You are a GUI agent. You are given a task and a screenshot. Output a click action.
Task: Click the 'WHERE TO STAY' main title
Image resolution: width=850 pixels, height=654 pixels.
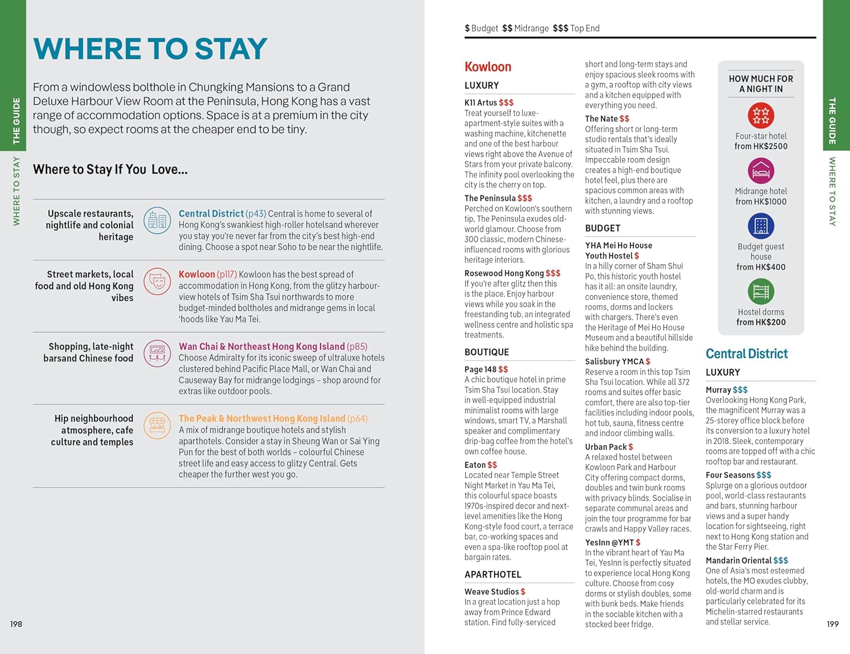(150, 49)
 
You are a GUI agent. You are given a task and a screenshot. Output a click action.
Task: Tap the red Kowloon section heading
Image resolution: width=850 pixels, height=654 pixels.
(487, 67)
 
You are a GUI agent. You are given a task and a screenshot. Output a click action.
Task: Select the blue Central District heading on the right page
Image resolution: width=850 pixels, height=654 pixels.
(746, 354)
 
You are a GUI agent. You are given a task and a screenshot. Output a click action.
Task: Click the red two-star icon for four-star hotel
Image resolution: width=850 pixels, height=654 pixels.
(760, 116)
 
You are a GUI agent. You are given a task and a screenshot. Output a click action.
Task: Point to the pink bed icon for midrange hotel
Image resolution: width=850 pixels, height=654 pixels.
(760, 171)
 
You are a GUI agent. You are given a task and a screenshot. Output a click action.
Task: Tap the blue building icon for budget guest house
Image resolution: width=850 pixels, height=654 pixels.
(760, 226)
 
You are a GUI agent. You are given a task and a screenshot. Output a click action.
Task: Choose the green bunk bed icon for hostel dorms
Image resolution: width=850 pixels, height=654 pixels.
(760, 292)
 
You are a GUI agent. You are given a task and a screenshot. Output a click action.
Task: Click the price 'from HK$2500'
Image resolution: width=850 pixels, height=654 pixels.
(760, 146)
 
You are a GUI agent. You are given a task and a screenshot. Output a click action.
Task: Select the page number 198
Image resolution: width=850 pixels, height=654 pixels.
(16, 624)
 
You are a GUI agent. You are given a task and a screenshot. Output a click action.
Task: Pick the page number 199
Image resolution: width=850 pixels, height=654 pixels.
(832, 624)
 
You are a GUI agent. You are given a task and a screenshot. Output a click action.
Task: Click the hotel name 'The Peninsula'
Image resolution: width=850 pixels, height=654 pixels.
(490, 198)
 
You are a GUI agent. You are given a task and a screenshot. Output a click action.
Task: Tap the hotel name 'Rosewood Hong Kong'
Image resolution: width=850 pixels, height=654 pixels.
(504, 273)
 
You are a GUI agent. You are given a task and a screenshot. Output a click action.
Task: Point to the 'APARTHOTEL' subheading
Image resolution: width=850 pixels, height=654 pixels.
(492, 574)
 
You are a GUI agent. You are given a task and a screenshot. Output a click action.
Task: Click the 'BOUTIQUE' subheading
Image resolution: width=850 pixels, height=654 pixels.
(486, 352)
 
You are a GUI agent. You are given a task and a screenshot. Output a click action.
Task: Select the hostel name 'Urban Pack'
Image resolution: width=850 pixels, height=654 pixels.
(606, 447)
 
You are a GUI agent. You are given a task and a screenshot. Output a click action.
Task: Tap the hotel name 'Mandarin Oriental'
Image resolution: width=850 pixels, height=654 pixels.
(738, 560)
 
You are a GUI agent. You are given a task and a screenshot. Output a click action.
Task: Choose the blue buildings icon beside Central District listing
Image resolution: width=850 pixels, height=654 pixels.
(157, 221)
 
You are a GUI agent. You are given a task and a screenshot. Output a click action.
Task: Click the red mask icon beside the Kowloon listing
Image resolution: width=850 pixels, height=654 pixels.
(157, 282)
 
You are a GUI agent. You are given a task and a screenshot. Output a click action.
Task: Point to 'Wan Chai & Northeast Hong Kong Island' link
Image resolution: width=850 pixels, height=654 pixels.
(262, 346)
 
